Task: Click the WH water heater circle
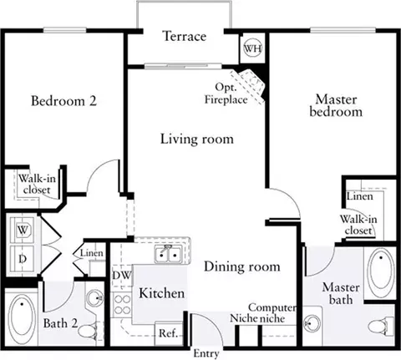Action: coord(253,48)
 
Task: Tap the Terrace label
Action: coord(185,37)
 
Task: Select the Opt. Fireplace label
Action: coord(226,94)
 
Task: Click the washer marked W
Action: coord(23,230)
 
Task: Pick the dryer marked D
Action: coord(23,259)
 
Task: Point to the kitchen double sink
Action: coord(168,254)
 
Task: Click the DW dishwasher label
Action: coord(121,276)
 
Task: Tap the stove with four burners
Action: coord(122,305)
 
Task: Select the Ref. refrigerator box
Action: coord(169,333)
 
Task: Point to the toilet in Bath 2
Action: coord(89,331)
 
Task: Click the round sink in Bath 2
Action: coord(94,299)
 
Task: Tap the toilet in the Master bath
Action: coord(381,327)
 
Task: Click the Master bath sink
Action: coord(312,324)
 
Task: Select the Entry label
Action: coord(206,353)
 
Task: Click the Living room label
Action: coord(197,139)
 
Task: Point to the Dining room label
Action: coord(242,266)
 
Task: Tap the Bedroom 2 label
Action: coord(63,100)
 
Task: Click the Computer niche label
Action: coord(272,312)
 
